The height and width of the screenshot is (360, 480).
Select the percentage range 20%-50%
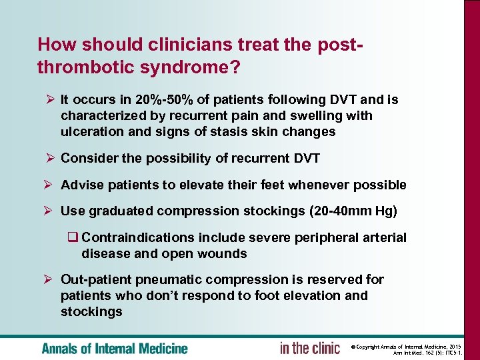pos(165,100)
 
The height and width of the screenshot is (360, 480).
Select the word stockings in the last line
pos(91,312)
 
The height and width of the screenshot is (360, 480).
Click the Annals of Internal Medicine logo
pos(115,348)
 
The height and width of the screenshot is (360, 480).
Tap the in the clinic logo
pos(310,348)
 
